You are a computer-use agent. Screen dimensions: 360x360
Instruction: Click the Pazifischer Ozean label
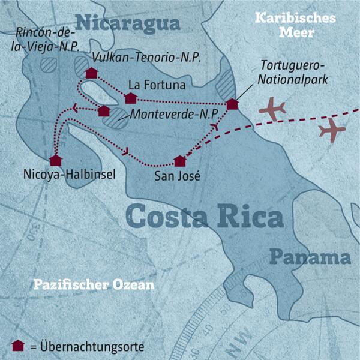tap(93, 284)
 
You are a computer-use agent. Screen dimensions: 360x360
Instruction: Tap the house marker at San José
tap(179, 161)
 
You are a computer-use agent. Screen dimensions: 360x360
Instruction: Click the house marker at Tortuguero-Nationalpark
tap(233, 104)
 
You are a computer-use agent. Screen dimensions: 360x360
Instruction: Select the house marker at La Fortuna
tap(131, 98)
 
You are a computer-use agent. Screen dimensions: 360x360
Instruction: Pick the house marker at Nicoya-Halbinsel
tap(55, 160)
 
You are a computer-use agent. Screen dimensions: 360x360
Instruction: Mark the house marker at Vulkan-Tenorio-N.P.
tap(91, 73)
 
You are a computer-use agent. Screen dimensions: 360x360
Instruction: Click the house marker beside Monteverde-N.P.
tap(104, 111)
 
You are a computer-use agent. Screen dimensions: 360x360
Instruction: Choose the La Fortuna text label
tap(157, 85)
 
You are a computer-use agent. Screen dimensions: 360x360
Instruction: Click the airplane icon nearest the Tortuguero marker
tap(273, 110)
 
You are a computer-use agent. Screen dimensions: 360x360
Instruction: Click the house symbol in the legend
tap(19, 345)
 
